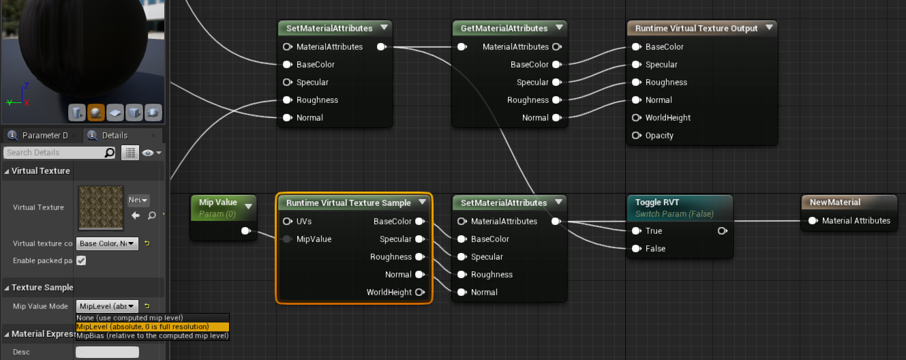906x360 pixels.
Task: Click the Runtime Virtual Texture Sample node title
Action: pyautogui.click(x=348, y=203)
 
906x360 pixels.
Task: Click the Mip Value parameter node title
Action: pyautogui.click(x=217, y=202)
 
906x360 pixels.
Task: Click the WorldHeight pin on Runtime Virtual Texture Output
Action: pyautogui.click(x=636, y=118)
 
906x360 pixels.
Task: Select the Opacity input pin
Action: pyautogui.click(x=636, y=136)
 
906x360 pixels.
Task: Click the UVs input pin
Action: pyautogui.click(x=287, y=222)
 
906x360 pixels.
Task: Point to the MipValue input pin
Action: pyautogui.click(x=287, y=239)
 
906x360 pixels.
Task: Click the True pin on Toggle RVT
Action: pyautogui.click(x=636, y=231)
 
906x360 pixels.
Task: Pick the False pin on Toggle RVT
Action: pyautogui.click(x=636, y=249)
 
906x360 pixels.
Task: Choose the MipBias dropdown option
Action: pyautogui.click(x=152, y=335)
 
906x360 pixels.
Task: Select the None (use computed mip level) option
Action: pyautogui.click(x=130, y=318)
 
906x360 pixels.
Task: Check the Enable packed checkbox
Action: pyautogui.click(x=81, y=261)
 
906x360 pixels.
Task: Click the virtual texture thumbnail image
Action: pyautogui.click(x=101, y=207)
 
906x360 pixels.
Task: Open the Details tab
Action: pyautogui.click(x=114, y=136)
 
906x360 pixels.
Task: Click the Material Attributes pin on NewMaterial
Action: pyautogui.click(x=813, y=221)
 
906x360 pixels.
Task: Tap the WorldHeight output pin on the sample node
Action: pyautogui.click(x=420, y=292)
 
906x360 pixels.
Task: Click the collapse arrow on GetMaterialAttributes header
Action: pyautogui.click(x=559, y=28)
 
